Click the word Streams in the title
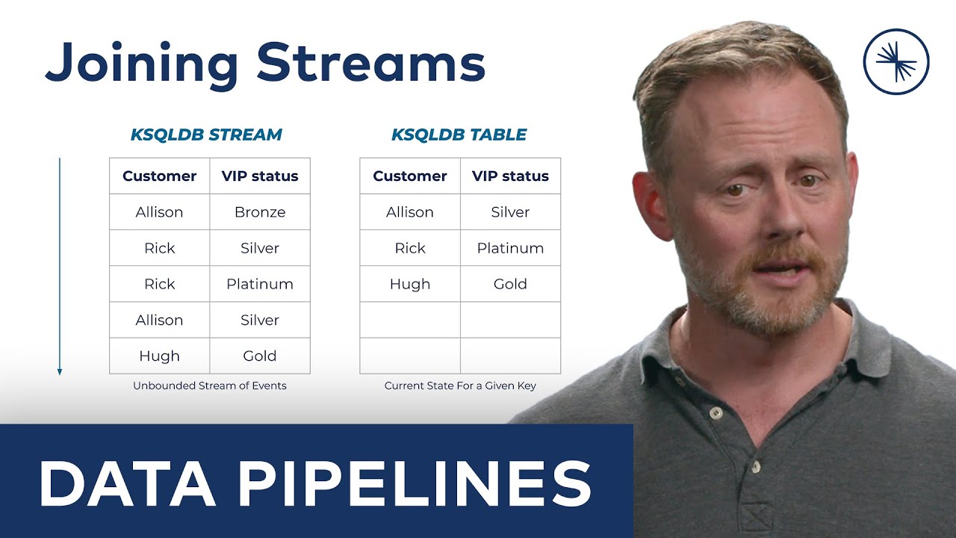click(371, 64)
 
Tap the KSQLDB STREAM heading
click(206, 135)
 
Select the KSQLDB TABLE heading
click(459, 135)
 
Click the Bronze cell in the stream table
click(260, 212)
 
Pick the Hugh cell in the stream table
click(159, 356)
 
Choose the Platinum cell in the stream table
click(260, 284)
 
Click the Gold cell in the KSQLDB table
click(510, 284)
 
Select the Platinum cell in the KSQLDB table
click(510, 248)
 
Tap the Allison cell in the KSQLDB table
click(410, 212)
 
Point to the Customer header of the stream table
click(159, 176)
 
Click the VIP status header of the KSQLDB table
click(510, 176)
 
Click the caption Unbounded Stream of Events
click(210, 386)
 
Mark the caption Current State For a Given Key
click(460, 386)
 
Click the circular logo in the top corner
click(896, 61)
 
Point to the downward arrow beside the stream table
click(60, 266)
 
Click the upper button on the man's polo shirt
click(716, 412)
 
